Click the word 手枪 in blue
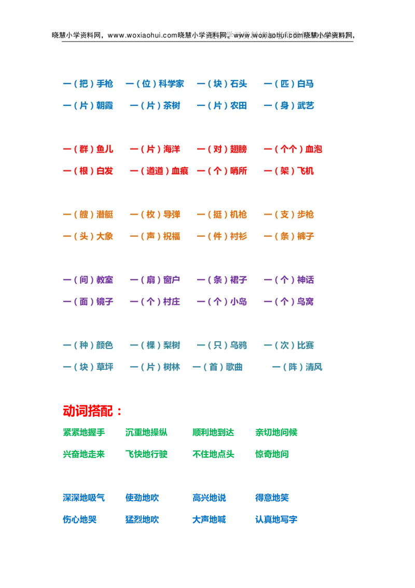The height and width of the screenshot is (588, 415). pyautogui.click(x=105, y=84)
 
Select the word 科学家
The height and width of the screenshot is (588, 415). pyautogui.click(x=172, y=84)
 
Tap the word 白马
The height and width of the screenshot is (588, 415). pyautogui.click(x=306, y=84)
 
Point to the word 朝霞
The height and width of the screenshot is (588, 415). pyautogui.click(x=105, y=105)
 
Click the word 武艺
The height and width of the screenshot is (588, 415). pyautogui.click(x=306, y=105)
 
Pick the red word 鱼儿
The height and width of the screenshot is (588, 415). pyautogui.click(x=105, y=149)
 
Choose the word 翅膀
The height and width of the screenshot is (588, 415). pyautogui.click(x=239, y=149)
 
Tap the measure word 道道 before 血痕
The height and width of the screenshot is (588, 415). pyautogui.click(x=155, y=171)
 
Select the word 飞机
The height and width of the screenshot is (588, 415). pyautogui.click(x=306, y=171)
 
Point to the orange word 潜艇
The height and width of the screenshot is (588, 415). pyautogui.click(x=105, y=215)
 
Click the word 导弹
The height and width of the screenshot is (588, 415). pyautogui.click(x=172, y=215)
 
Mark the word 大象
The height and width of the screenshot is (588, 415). pyautogui.click(x=105, y=236)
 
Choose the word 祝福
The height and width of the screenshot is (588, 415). pyautogui.click(x=172, y=236)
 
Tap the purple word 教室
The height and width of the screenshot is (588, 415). pyautogui.click(x=105, y=280)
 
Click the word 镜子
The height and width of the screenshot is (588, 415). pyautogui.click(x=105, y=302)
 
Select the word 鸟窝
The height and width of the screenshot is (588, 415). pyautogui.click(x=306, y=302)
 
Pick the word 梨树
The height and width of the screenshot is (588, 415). pyautogui.click(x=172, y=345)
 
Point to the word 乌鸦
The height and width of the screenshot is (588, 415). pyautogui.click(x=239, y=345)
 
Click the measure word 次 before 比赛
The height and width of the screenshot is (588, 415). pyautogui.click(x=284, y=345)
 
